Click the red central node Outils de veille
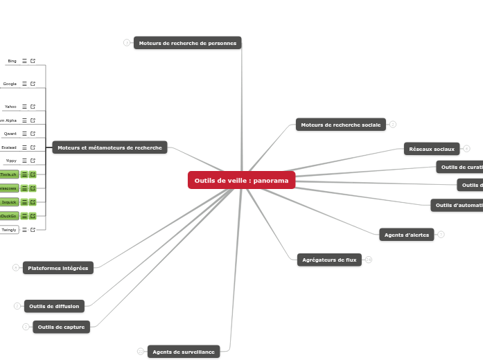pos(241,180)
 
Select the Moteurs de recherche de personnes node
pos(187,43)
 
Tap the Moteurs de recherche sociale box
pos(340,125)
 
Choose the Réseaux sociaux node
pos(432,149)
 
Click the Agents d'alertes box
pos(407,235)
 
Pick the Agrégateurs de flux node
pos(329,260)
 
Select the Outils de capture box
pos(61,327)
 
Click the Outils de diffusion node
pos(54,306)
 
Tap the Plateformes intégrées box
pos(58,268)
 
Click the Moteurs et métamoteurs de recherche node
pos(109,147)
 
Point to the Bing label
pos(12,61)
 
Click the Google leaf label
pos(10,84)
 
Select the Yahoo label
pos(10,107)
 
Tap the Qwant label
pos(10,134)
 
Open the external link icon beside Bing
pos(33,61)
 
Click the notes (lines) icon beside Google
pos(24,84)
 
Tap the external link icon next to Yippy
pos(33,161)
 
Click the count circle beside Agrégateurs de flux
pos(369,260)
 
